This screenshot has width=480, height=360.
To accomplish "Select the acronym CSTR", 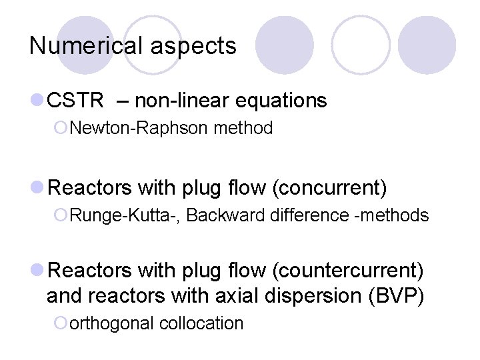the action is click(76, 101).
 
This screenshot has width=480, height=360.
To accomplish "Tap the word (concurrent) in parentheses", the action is click(329, 189).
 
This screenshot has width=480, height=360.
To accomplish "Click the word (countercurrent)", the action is click(348, 271).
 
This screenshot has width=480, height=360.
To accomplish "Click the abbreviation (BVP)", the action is click(396, 295).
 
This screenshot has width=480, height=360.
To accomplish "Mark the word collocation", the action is click(202, 323).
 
